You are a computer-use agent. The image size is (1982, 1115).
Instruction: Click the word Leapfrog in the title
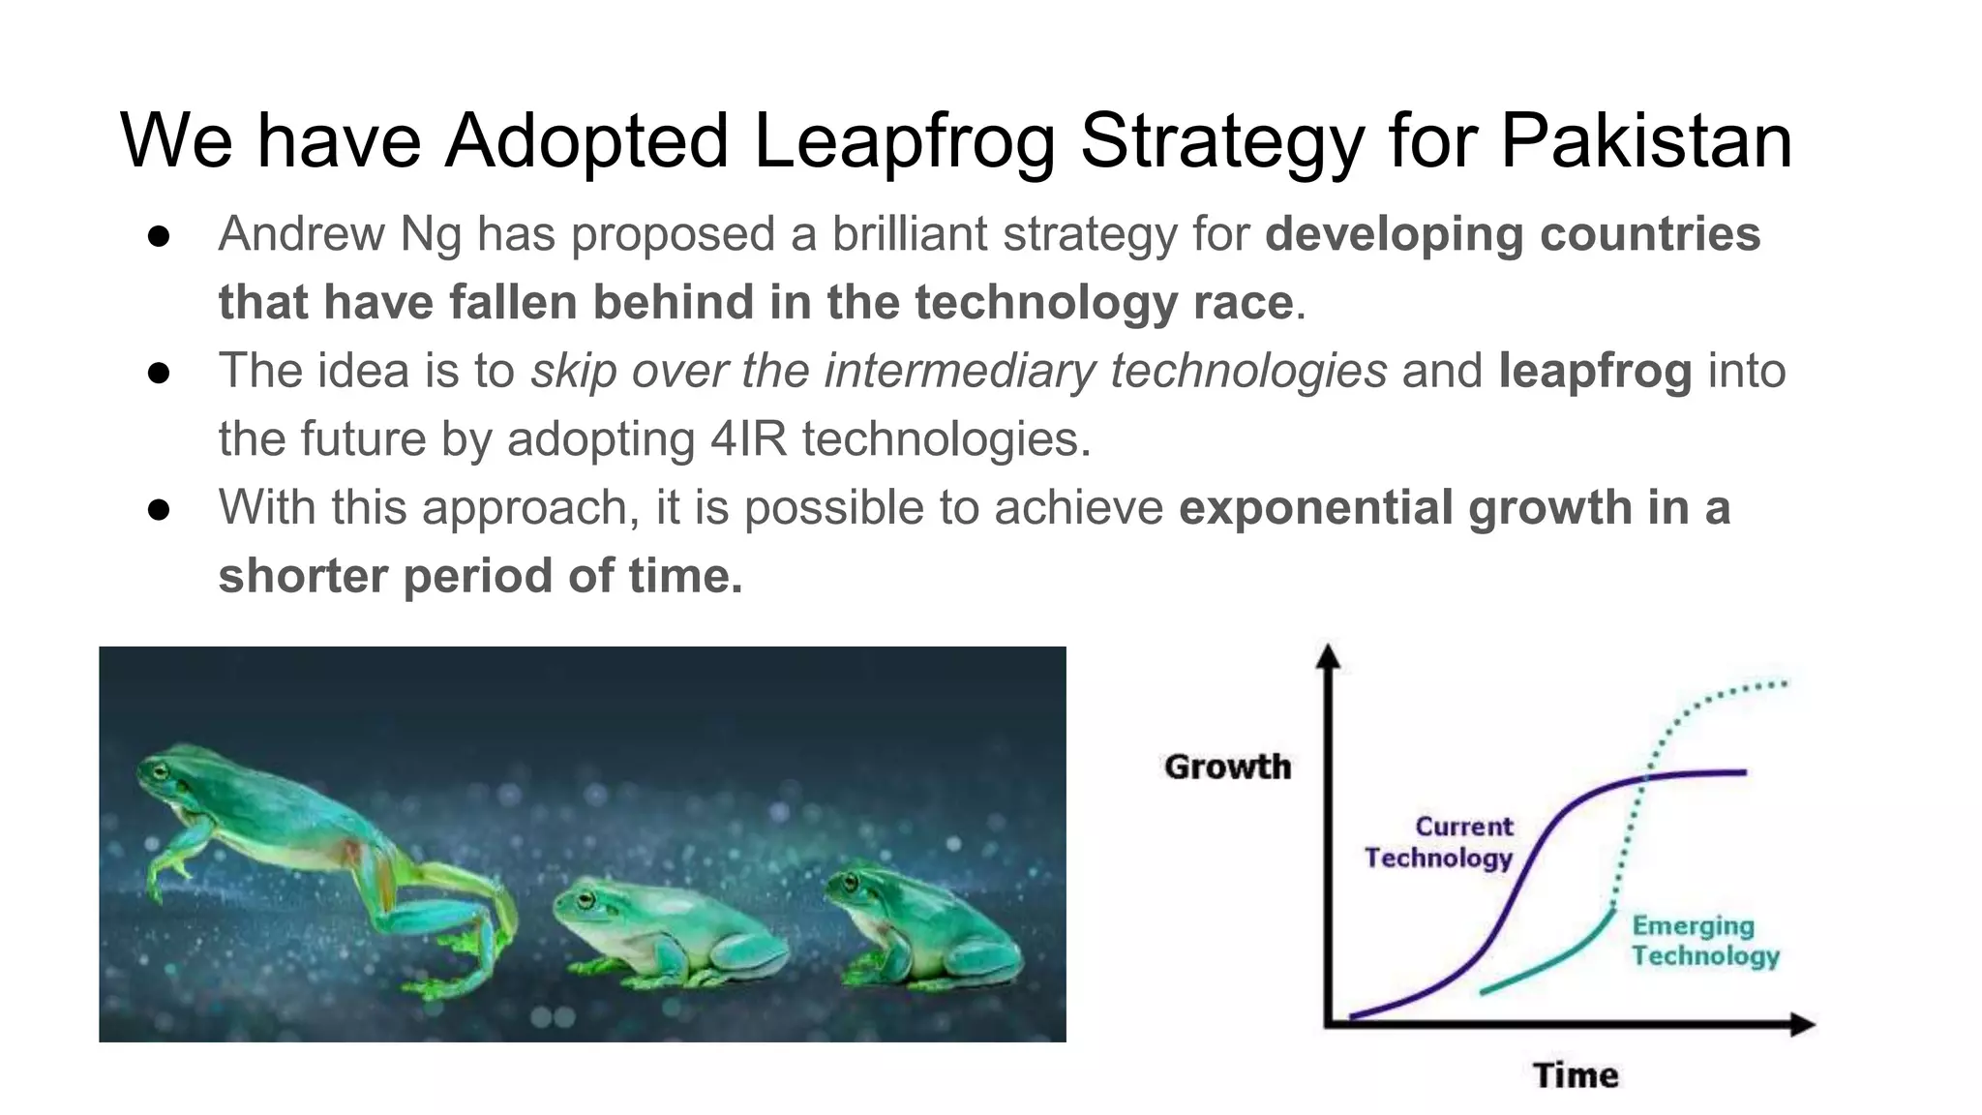(x=903, y=141)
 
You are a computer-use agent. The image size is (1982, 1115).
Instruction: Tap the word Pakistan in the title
(x=1646, y=141)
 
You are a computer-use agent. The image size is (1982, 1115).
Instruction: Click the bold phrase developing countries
(x=1512, y=234)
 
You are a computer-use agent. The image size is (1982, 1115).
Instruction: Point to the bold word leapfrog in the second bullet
(x=1595, y=371)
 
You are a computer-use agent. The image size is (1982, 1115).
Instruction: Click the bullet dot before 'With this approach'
(x=160, y=509)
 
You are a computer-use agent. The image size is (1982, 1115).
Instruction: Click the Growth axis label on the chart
(x=1227, y=767)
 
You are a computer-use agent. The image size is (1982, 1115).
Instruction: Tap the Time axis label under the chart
(x=1576, y=1075)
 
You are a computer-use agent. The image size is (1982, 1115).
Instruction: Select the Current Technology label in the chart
(x=1440, y=842)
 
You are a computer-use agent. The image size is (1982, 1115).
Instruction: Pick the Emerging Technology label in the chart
(x=1704, y=941)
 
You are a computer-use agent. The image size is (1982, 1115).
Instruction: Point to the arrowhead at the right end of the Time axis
(x=1801, y=1024)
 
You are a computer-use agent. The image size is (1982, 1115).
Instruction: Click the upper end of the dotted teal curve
(x=1783, y=683)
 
